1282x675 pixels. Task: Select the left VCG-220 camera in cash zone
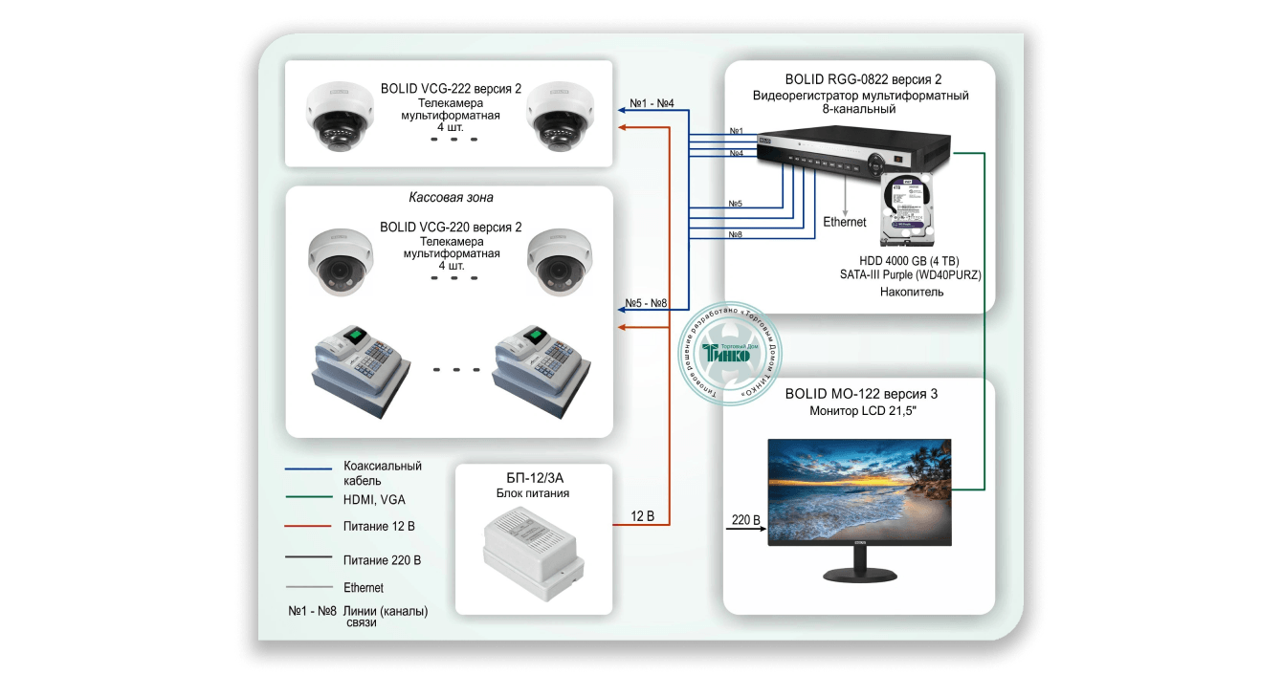click(x=340, y=261)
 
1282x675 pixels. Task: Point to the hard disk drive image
click(x=904, y=211)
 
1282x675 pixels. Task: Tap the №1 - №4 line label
click(x=652, y=102)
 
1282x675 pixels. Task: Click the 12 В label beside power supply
click(x=642, y=516)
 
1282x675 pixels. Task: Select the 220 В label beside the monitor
click(x=744, y=520)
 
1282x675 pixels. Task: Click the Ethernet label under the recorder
click(x=844, y=222)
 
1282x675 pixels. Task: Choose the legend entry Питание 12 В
click(x=379, y=526)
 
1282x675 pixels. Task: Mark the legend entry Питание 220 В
click(x=382, y=559)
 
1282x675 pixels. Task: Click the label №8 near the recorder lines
click(x=735, y=234)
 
